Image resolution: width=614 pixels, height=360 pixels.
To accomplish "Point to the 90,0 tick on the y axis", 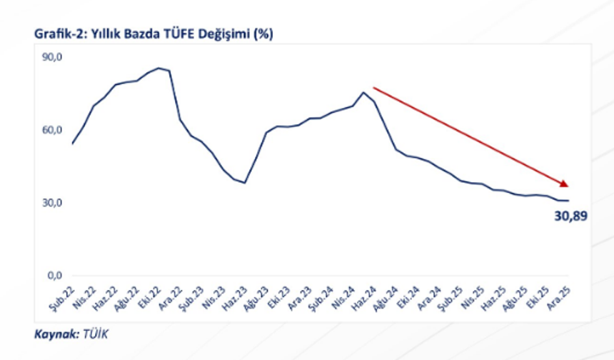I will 53,57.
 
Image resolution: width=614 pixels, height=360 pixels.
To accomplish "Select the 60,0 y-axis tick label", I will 53,130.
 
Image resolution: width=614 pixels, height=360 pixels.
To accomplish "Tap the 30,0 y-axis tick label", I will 53,203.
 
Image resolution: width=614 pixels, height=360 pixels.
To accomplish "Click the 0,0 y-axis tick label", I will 55,276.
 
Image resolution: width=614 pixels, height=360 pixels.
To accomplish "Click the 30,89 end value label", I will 570,215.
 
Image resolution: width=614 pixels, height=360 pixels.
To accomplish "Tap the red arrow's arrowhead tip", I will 568,186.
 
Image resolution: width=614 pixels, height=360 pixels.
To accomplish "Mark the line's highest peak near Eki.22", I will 158,68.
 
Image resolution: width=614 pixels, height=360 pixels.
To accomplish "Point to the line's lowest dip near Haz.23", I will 245,183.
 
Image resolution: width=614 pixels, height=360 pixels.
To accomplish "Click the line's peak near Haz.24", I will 363,91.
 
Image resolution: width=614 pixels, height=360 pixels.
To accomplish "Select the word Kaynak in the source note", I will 55,333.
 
